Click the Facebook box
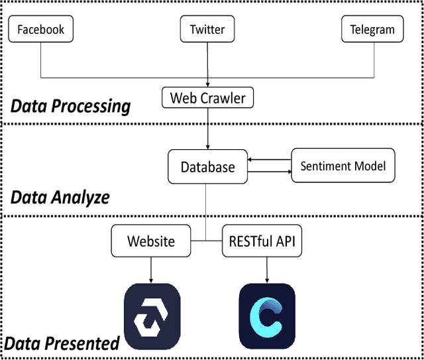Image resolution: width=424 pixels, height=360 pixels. click(x=41, y=30)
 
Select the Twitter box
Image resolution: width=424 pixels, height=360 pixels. click(x=207, y=30)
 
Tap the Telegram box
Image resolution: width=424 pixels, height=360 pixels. click(x=372, y=30)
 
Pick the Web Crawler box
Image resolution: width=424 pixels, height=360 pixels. click(x=207, y=99)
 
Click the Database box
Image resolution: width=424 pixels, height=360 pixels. click(x=207, y=166)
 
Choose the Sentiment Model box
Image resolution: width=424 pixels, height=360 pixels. click(x=343, y=166)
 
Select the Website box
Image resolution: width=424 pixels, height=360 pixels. click(x=151, y=241)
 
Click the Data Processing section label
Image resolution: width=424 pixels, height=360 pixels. click(x=70, y=106)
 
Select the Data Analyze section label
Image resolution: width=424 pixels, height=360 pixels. click(x=60, y=197)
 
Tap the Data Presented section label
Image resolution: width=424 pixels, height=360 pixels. click(x=62, y=343)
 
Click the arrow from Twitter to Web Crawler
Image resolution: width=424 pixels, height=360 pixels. click(x=208, y=66)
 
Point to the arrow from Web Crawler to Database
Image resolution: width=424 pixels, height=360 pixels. click(x=208, y=129)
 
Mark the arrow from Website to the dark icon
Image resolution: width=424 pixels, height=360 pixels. click(x=152, y=268)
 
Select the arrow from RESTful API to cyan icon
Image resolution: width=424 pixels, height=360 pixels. click(x=266, y=268)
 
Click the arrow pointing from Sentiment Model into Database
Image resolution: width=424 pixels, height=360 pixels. click(x=269, y=159)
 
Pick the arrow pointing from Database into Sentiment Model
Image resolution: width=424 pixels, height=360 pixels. click(x=269, y=172)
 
